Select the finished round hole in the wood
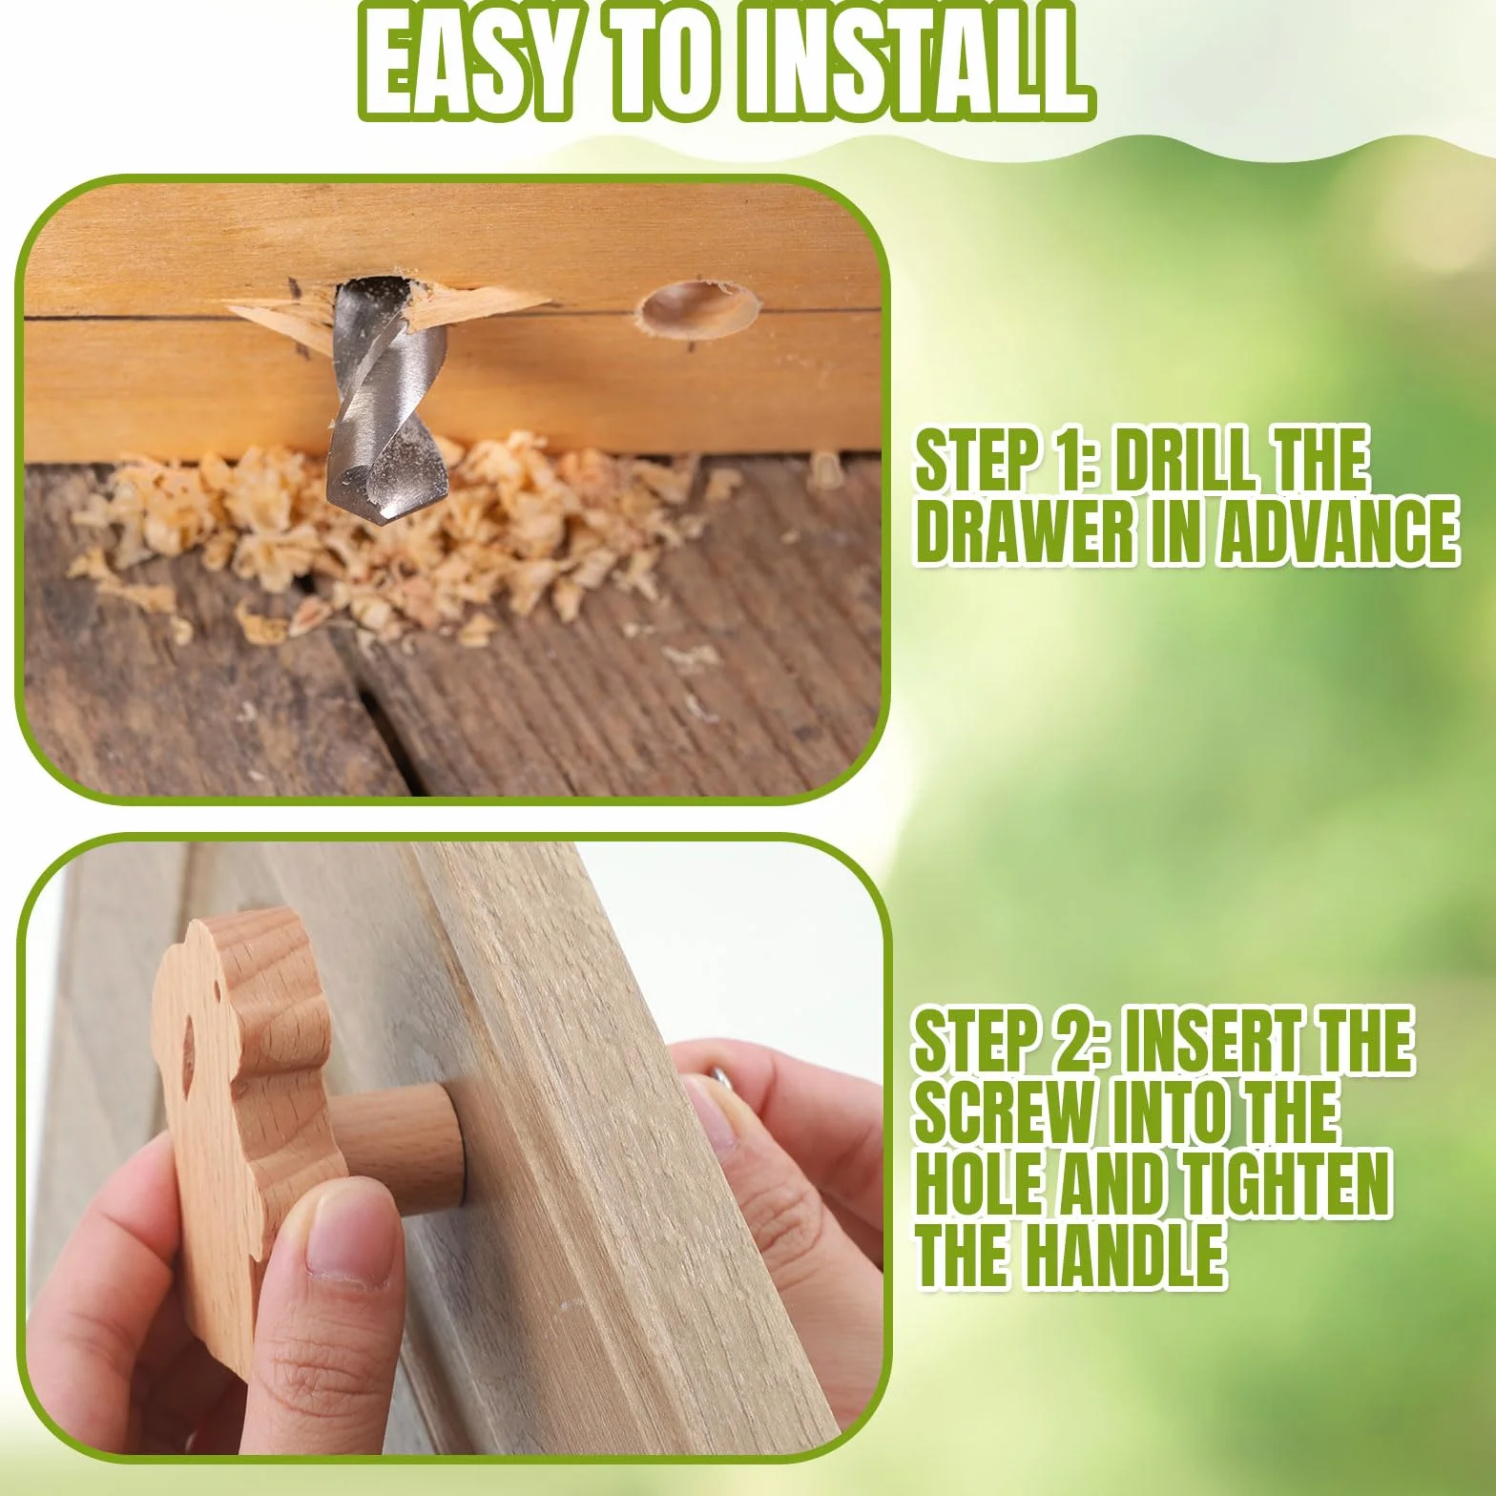coord(698,309)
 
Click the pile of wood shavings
coord(401,534)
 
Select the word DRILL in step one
coord(1186,461)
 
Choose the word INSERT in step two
coord(1206,1042)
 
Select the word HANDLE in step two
coord(1125,1256)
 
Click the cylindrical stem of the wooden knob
coord(401,1139)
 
